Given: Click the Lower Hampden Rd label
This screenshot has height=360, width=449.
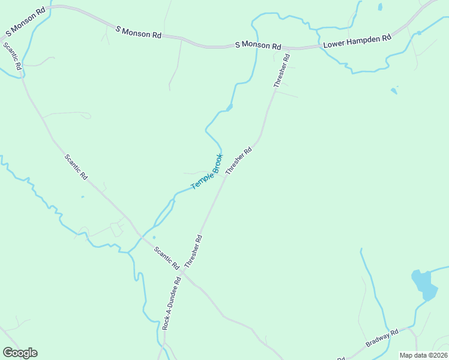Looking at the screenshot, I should (x=357, y=41).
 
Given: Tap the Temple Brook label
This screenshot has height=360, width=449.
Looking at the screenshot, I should (x=207, y=172).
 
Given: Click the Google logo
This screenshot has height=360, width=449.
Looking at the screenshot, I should (x=20, y=353).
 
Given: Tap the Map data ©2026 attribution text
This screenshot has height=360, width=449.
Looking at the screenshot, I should (x=424, y=355).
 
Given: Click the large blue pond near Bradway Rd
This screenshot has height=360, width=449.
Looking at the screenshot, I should (x=423, y=284).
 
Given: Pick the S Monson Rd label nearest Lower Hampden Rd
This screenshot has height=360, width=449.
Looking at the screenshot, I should (x=258, y=46).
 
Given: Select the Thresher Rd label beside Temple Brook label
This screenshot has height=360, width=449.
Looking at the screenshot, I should (x=238, y=161).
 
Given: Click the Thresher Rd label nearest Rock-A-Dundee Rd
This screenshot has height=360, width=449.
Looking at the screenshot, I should (x=193, y=251).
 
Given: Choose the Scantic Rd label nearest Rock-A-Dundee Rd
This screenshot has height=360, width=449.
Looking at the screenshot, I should (x=166, y=257).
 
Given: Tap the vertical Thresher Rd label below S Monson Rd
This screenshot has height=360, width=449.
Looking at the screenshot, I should (x=282, y=71).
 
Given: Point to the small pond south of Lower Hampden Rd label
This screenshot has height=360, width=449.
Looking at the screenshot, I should (x=394, y=91).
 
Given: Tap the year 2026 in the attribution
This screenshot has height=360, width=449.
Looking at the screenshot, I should (x=438, y=355).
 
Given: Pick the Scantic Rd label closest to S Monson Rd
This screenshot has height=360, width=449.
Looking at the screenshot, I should (x=12, y=57).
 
